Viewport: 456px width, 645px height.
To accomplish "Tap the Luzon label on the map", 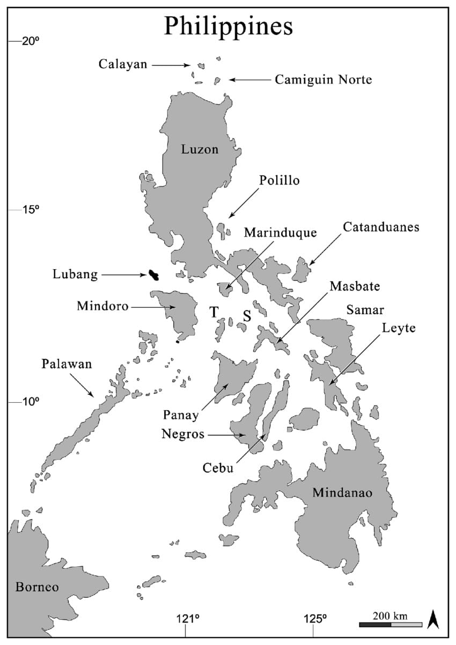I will tap(200, 150).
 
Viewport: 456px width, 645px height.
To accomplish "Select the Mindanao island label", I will tap(342, 492).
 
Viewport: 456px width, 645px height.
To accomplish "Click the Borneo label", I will tap(37, 587).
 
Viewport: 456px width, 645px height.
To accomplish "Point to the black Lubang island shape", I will tap(153, 276).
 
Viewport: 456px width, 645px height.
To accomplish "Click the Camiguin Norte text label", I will tap(323, 80).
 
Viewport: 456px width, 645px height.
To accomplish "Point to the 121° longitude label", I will tap(187, 618).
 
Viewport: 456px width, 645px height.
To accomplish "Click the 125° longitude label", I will tap(314, 618).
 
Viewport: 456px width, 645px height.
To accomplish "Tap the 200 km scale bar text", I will tap(391, 615).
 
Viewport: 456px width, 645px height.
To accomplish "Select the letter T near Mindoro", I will tap(214, 312).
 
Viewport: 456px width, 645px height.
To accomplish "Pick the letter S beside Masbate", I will tap(247, 316).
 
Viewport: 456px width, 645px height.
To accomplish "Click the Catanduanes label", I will tap(381, 227).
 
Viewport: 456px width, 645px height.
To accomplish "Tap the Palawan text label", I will tap(67, 365).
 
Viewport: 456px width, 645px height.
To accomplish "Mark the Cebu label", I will tap(218, 468).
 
